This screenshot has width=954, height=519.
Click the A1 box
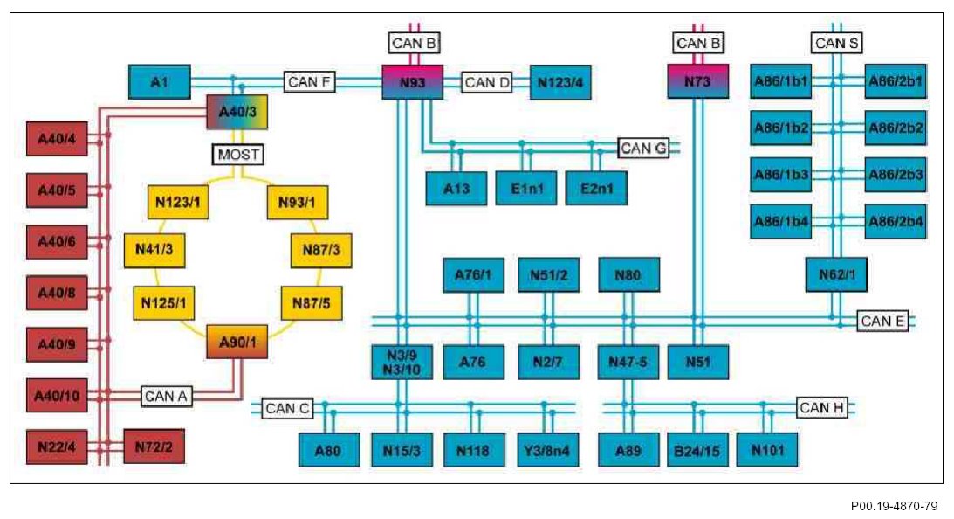click(x=158, y=81)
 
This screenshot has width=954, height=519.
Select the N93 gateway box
click(x=412, y=81)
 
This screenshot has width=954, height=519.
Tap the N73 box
click(x=697, y=81)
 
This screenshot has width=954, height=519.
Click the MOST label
click(x=237, y=155)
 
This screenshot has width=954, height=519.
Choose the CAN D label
click(x=486, y=82)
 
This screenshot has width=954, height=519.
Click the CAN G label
click(x=643, y=148)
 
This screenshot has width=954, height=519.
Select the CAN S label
click(x=836, y=43)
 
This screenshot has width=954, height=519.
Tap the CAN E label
click(x=882, y=321)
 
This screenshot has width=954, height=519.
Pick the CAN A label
click(x=166, y=396)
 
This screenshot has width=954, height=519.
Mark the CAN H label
click(x=820, y=407)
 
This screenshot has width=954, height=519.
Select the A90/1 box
click(x=236, y=341)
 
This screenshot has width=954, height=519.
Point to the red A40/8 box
click(x=57, y=292)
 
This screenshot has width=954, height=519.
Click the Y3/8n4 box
click(x=546, y=451)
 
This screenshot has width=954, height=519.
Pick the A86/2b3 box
click(x=896, y=174)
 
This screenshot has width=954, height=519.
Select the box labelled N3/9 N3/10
click(x=402, y=362)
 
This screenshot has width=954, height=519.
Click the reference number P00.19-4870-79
click(x=895, y=506)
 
